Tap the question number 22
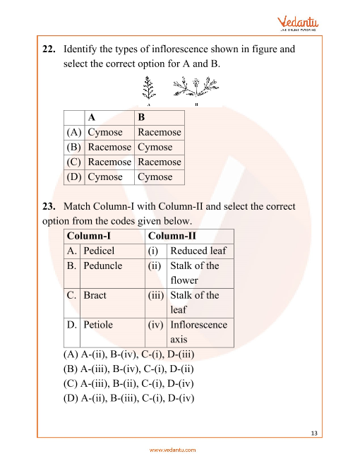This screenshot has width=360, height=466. coord(48,49)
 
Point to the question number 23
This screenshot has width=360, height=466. coord(48,206)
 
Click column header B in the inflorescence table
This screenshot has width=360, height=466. coord(141,117)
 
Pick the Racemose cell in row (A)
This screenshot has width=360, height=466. coord(159,132)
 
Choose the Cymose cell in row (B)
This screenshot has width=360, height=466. coord(155,147)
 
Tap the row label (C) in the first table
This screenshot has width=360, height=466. coord(73,162)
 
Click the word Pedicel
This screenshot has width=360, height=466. coord(99,251)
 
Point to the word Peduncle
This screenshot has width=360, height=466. coord(102,265)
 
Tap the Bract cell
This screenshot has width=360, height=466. coord(94,295)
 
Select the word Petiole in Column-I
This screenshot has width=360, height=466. coord(97,325)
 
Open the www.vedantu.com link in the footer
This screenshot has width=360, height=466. coord(172,450)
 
